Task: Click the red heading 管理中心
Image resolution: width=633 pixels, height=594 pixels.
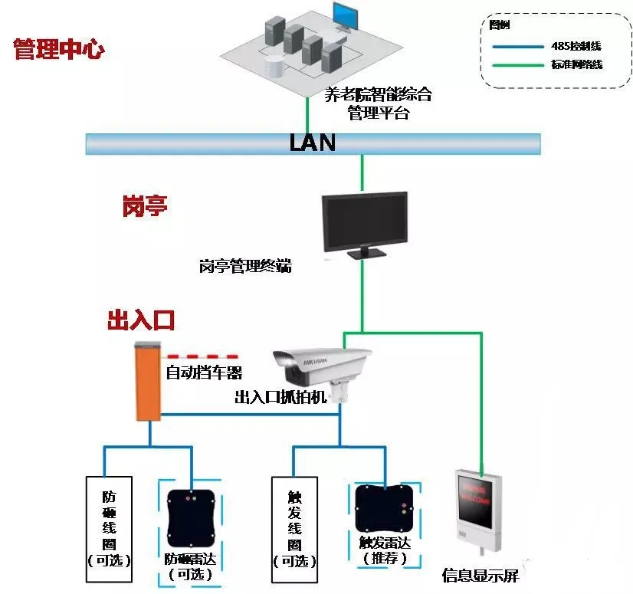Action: pyautogui.click(x=59, y=51)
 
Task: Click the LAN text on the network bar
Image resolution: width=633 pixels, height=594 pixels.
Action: pyautogui.click(x=312, y=143)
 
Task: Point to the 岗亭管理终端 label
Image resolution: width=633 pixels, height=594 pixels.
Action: pyautogui.click(x=245, y=267)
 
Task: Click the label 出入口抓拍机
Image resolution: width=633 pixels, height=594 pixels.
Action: pyautogui.click(x=280, y=397)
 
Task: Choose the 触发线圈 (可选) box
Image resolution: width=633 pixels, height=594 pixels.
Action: pyautogui.click(x=294, y=522)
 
